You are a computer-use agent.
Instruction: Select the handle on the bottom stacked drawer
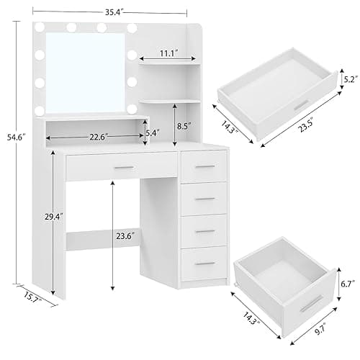[205, 262]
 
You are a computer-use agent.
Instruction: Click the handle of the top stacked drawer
[205, 167]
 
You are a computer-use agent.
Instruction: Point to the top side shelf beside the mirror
[173, 66]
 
